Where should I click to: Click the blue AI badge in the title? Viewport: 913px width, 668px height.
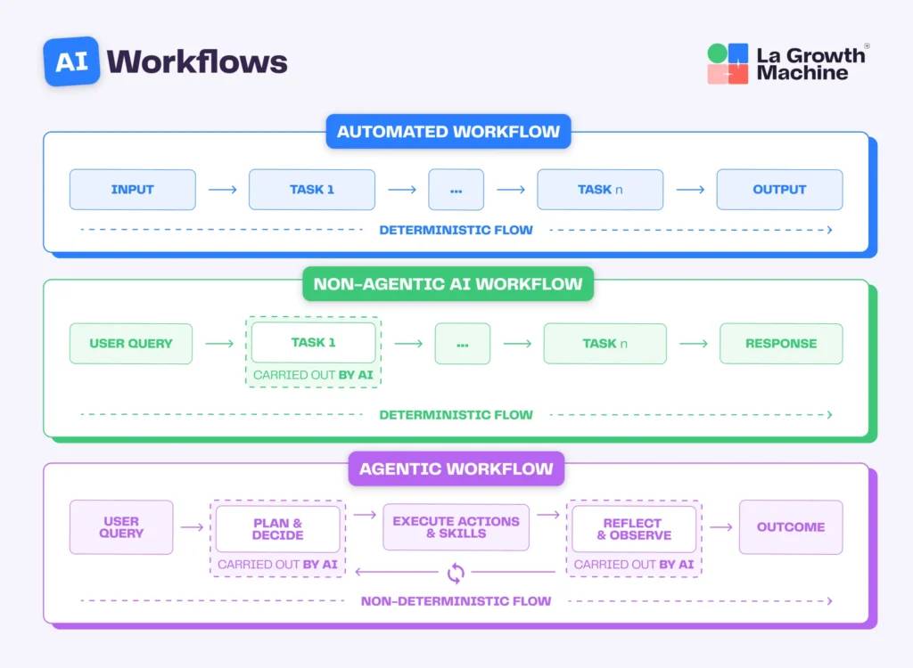click(x=71, y=61)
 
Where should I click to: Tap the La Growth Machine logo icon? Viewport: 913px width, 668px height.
click(x=728, y=64)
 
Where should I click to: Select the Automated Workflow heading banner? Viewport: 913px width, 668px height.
click(x=448, y=132)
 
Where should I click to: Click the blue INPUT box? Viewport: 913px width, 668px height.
click(x=132, y=190)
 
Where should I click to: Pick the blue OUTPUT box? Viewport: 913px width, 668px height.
click(x=779, y=190)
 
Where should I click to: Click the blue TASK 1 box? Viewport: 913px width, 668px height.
click(x=312, y=190)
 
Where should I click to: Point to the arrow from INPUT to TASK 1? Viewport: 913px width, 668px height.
click(x=222, y=190)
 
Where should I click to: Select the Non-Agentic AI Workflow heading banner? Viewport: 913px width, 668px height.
click(x=448, y=285)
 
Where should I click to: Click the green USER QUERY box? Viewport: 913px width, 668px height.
click(x=131, y=344)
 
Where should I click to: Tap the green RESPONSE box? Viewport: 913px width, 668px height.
click(x=781, y=344)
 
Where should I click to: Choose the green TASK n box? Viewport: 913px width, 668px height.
click(x=605, y=344)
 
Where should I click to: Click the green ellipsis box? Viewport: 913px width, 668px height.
click(x=462, y=344)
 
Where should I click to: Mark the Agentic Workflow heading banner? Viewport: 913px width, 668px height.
click(x=456, y=468)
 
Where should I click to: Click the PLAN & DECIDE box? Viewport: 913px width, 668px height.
click(x=277, y=529)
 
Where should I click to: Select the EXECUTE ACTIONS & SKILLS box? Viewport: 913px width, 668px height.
click(x=456, y=527)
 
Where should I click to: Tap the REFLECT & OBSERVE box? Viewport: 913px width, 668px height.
click(x=633, y=529)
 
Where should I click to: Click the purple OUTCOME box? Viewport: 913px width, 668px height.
click(x=790, y=527)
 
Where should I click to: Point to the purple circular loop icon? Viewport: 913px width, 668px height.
click(x=456, y=572)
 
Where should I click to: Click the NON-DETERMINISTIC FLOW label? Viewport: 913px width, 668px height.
click(x=456, y=601)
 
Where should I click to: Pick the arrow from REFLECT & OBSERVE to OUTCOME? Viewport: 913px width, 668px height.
click(x=720, y=527)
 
